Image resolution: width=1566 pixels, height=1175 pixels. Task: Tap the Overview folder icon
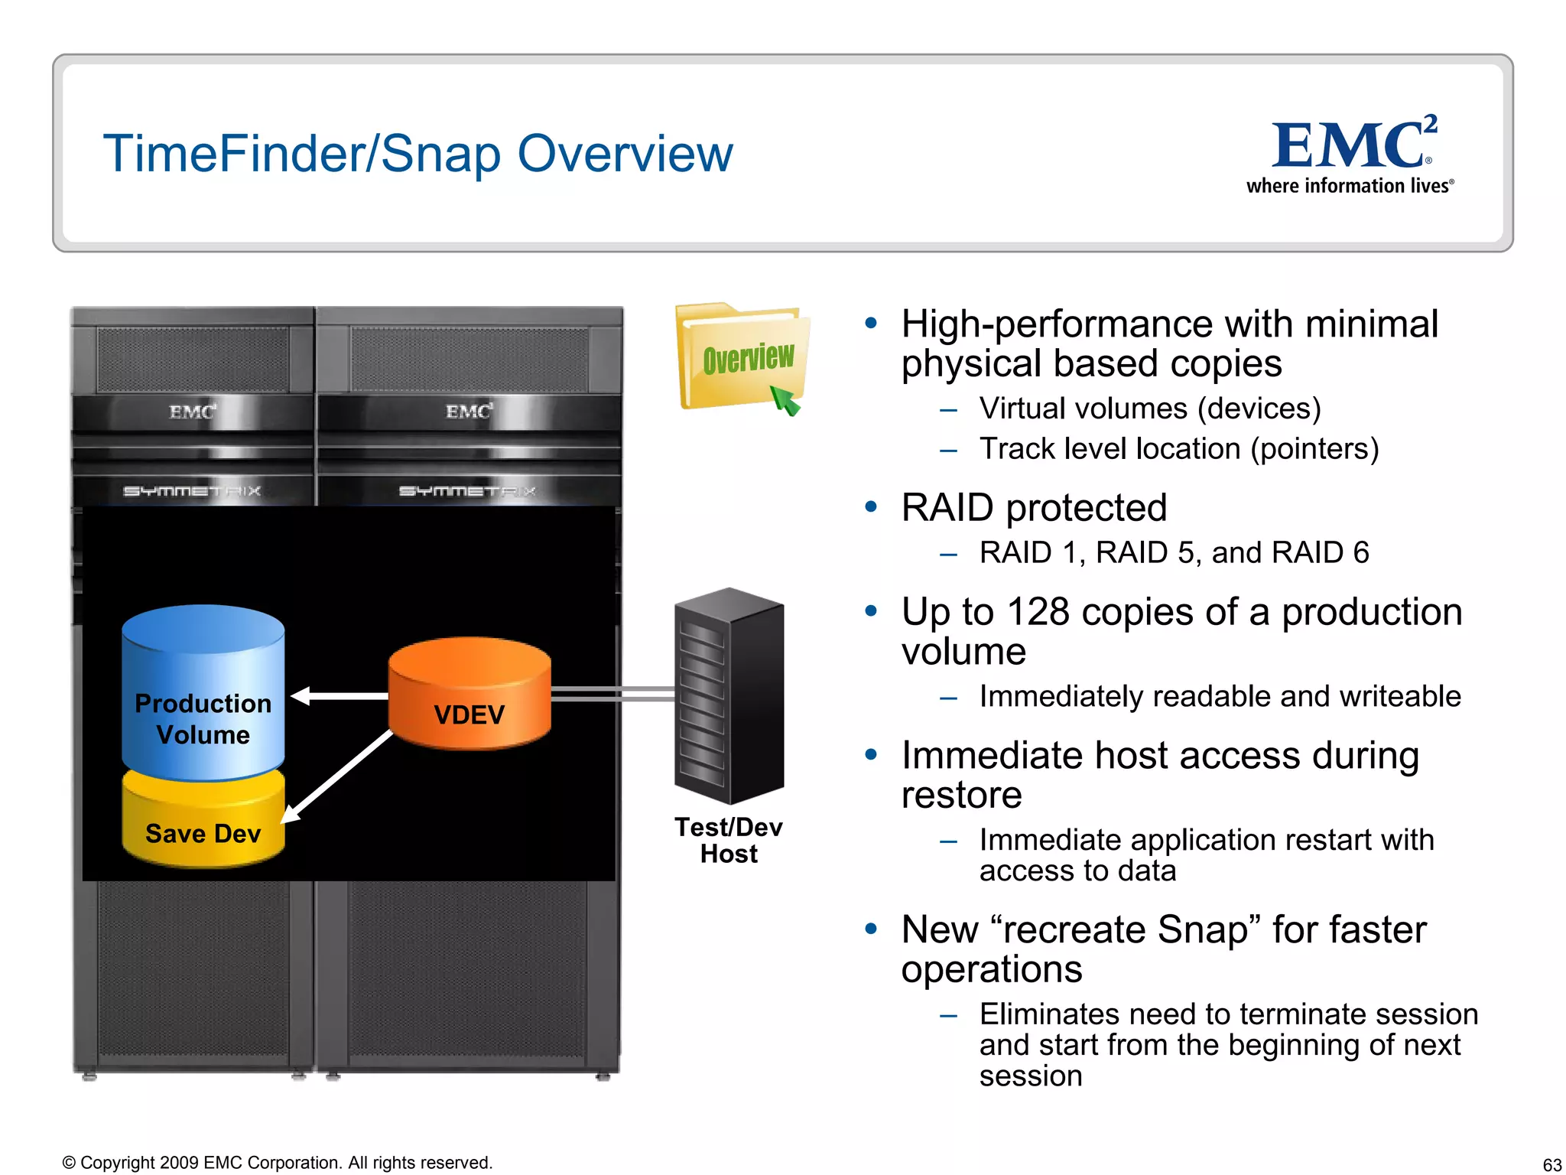741,358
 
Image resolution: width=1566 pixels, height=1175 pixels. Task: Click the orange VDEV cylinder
469,693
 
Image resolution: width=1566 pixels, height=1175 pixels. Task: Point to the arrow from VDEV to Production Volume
340,696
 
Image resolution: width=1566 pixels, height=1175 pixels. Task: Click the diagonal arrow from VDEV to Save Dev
338,777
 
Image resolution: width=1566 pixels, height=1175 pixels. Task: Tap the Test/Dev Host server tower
729,696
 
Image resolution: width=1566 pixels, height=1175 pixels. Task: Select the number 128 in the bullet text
1038,612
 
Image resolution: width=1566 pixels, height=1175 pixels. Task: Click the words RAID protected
1034,508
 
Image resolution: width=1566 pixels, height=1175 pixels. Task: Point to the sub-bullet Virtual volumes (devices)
1150,408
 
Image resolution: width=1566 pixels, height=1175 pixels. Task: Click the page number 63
1551,1164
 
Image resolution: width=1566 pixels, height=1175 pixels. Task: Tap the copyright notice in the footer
278,1163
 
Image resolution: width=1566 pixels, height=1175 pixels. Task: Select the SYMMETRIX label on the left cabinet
192,491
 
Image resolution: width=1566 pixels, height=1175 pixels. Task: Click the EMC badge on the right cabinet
469,412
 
